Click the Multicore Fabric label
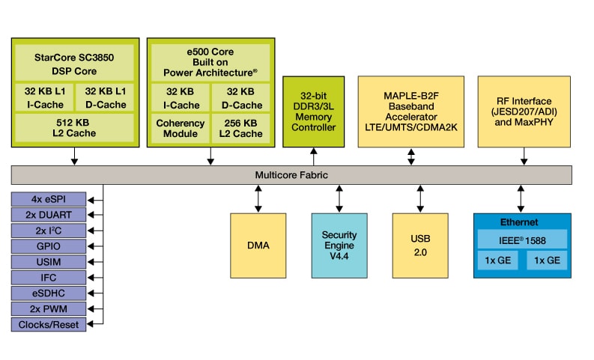point(291,174)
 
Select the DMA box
point(258,245)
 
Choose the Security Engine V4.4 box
point(339,245)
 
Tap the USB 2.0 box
point(420,245)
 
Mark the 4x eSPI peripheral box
point(49,199)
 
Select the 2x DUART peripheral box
point(49,215)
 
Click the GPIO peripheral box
point(49,246)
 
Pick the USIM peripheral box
point(49,262)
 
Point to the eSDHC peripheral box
point(49,293)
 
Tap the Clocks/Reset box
point(49,325)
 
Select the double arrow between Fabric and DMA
point(258,198)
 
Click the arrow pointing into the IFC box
point(94,278)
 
